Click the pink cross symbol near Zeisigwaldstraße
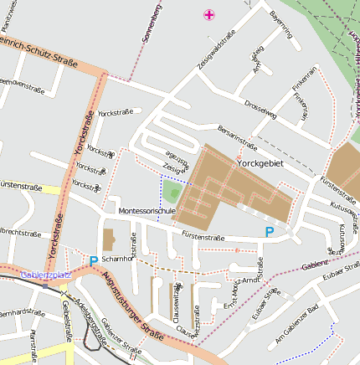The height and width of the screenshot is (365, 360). (209, 14)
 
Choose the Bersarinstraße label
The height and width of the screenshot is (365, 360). (237, 136)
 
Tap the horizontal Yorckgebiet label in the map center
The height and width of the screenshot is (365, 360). (260, 163)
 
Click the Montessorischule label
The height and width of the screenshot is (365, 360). (147, 211)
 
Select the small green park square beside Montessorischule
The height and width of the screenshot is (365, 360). (172, 192)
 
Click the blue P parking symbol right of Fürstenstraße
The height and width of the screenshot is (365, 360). (269, 232)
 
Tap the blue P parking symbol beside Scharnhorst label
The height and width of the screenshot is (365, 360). (93, 260)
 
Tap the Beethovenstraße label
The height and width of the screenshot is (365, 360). (20, 84)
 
